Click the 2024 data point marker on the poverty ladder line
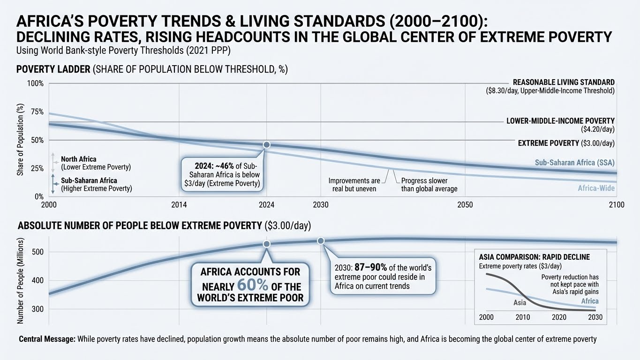[267, 145]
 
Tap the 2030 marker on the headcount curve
[321, 240]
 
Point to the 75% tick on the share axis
[37, 112]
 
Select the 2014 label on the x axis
[179, 205]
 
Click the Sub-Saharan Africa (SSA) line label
[574, 163]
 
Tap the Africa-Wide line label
[596, 188]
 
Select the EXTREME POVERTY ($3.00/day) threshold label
[566, 143]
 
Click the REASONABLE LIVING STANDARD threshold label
[564, 82]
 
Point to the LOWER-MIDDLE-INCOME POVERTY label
[560, 121]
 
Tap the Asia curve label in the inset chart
[520, 303]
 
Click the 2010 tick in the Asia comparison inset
[523, 317]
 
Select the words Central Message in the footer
[47, 339]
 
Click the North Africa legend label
[78, 159]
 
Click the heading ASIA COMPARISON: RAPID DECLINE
[534, 257]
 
